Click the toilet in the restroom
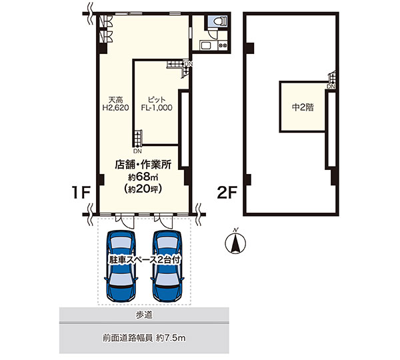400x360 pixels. [219, 21]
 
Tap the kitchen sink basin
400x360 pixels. [205, 46]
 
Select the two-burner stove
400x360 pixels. [223, 45]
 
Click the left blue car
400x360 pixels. [121, 266]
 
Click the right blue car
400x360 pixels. [167, 266]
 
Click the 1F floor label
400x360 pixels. [81, 193]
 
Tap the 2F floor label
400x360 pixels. [227, 193]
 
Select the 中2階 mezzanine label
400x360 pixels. [303, 107]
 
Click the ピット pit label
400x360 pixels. [157, 99]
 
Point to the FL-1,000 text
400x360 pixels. [157, 108]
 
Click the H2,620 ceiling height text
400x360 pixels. [115, 108]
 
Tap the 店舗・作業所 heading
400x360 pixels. [143, 165]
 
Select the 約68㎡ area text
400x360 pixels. [143, 176]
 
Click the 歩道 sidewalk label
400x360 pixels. [144, 315]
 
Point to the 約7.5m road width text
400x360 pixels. [171, 338]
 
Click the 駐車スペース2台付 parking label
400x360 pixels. [145, 260]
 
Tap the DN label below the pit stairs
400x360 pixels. [137, 151]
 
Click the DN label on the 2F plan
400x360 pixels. [331, 87]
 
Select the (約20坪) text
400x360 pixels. [143, 189]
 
